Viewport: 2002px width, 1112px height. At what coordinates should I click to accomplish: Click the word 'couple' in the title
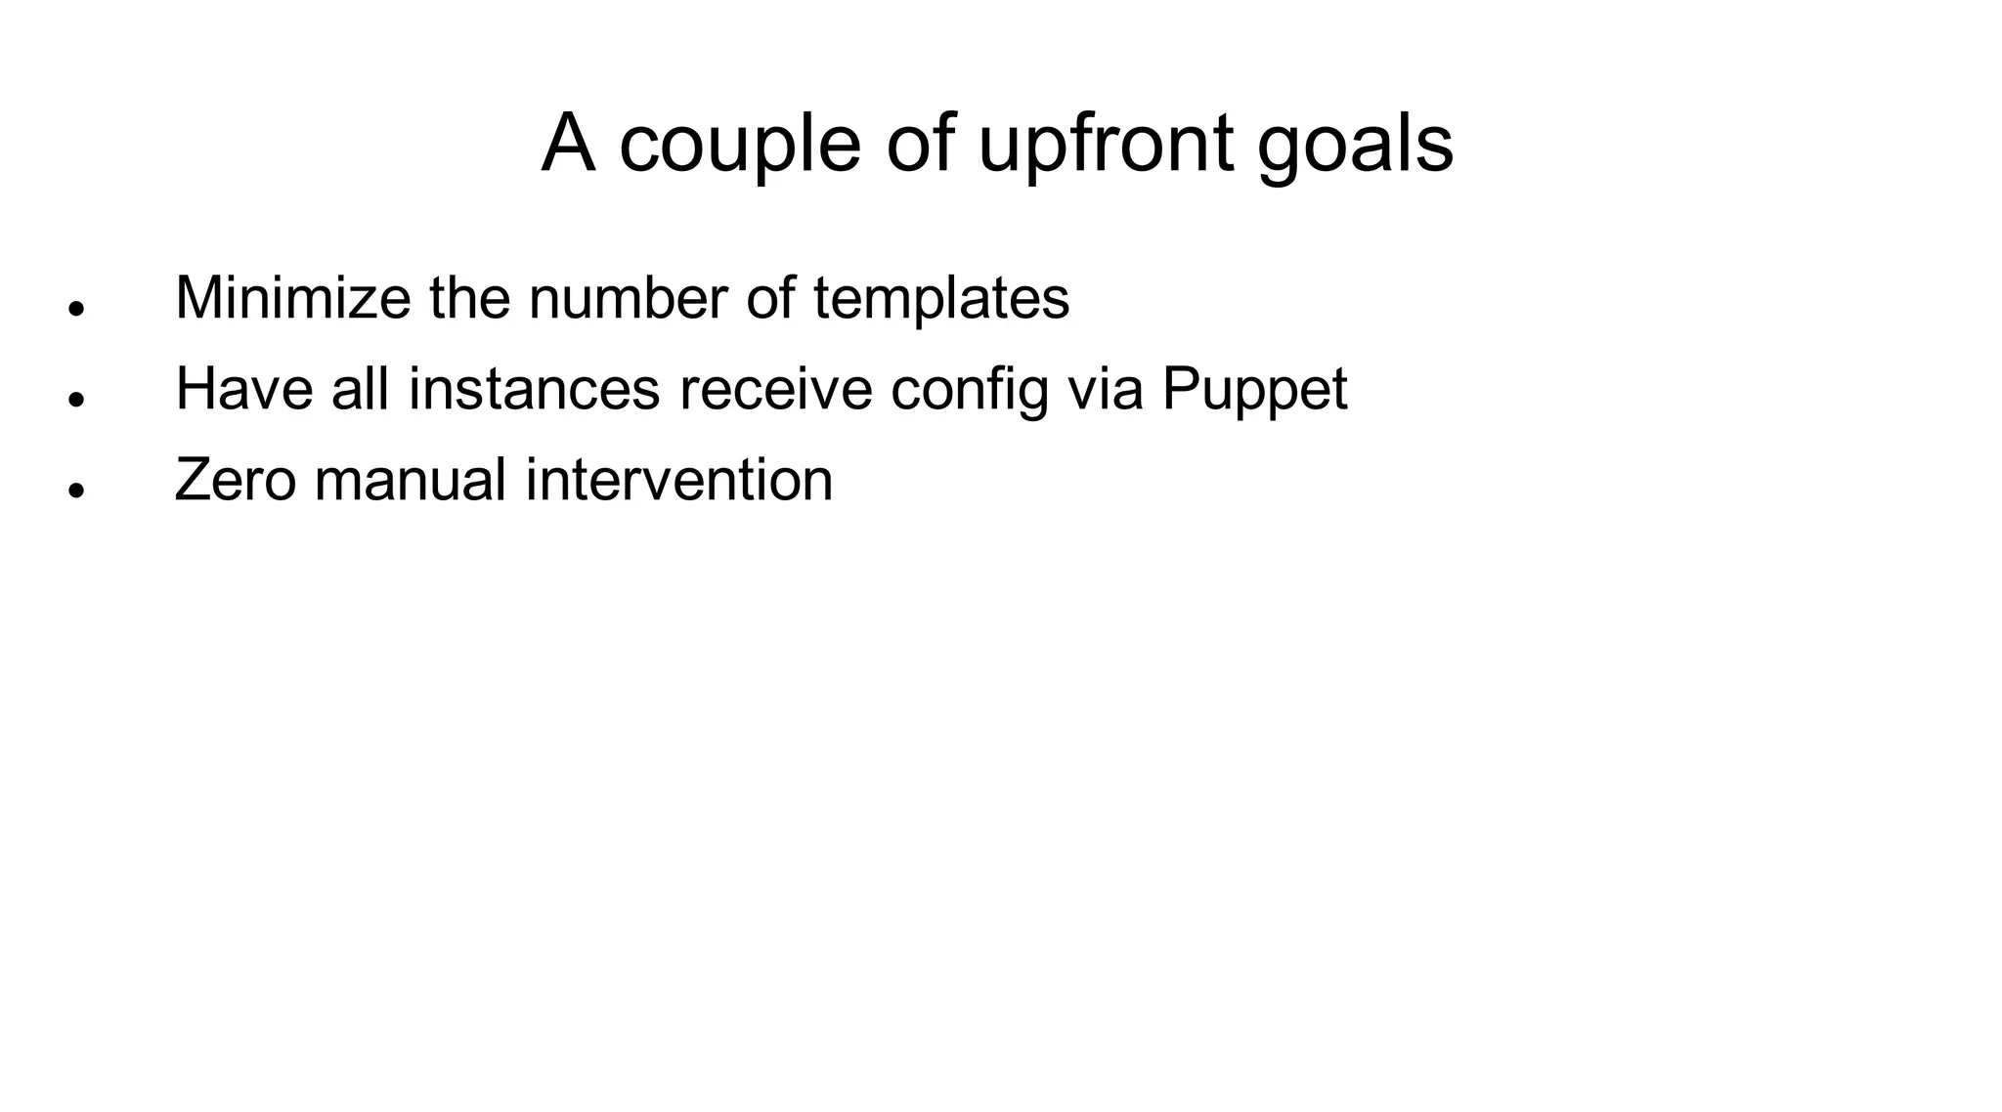point(740,147)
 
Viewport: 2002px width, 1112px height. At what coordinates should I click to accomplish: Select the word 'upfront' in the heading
point(1106,147)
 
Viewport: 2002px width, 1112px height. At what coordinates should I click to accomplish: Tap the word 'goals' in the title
point(1355,147)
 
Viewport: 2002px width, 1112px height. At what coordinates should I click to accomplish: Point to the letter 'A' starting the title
point(568,145)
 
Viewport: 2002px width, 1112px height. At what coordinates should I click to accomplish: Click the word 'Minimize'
point(292,298)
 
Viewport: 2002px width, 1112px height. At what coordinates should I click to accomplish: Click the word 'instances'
point(534,389)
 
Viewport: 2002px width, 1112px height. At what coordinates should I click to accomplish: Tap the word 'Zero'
point(235,481)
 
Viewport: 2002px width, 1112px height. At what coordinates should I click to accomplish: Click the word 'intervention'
point(679,481)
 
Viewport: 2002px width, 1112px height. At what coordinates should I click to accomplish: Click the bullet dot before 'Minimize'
point(75,308)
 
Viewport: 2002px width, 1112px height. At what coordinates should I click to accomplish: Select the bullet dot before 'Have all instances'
point(75,399)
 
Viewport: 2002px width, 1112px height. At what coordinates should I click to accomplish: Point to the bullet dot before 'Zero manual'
point(75,490)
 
